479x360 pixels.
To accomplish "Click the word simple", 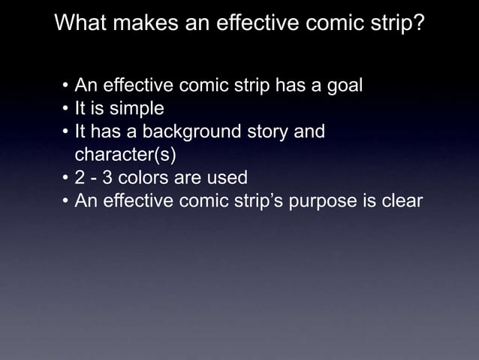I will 137,110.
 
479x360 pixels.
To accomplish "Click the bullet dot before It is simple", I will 65,110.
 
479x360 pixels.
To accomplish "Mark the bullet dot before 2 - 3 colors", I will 65,180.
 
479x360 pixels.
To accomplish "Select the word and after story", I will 309,133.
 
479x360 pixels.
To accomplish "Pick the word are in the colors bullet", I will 194,179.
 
